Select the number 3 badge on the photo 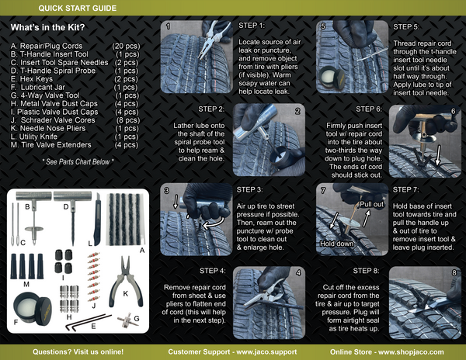tap(166, 190)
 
